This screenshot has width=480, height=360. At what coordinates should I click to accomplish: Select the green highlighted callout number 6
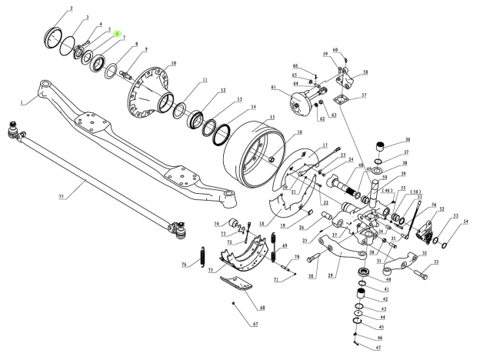coord(117,34)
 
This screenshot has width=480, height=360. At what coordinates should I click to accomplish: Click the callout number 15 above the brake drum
coord(271,118)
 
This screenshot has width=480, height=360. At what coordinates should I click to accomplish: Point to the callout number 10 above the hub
coord(173,63)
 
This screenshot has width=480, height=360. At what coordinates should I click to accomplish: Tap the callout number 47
coord(378,348)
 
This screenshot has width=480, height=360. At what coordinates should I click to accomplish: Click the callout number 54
coord(465,222)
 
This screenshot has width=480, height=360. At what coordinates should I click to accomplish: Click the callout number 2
coord(71,8)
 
